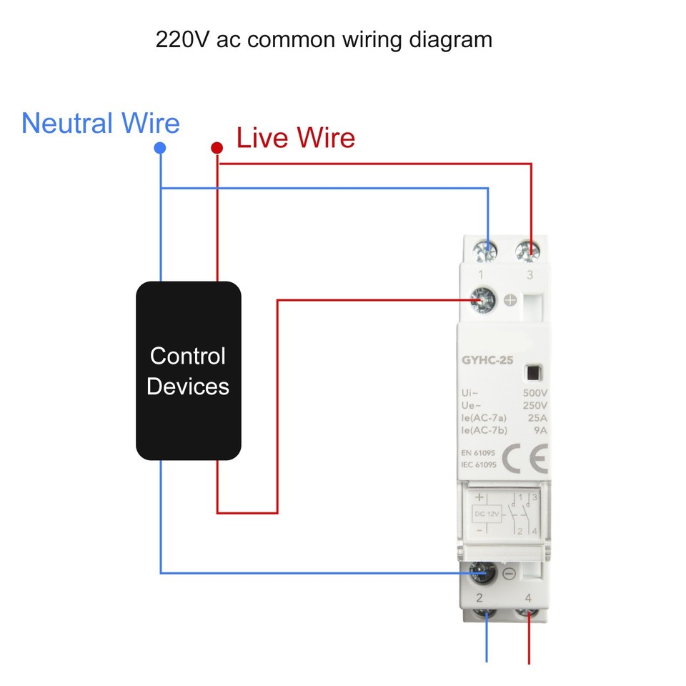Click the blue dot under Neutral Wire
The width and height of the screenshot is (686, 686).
pyautogui.click(x=160, y=148)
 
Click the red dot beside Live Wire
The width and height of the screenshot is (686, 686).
pyautogui.click(x=217, y=148)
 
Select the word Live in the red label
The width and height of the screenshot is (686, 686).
pyautogui.click(x=262, y=137)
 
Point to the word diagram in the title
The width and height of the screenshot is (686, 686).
pyautogui.click(x=450, y=39)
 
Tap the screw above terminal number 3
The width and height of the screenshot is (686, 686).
pyautogui.click(x=530, y=249)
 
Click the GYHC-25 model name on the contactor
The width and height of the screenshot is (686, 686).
pyautogui.click(x=487, y=361)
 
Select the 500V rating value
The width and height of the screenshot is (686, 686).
pyautogui.click(x=535, y=393)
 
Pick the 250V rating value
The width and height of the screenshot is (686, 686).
pyautogui.click(x=535, y=405)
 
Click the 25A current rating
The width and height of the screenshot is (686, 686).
pyautogui.click(x=537, y=417)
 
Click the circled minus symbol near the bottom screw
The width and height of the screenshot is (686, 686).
pyautogui.click(x=509, y=573)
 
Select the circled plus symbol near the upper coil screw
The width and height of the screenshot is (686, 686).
pyautogui.click(x=510, y=301)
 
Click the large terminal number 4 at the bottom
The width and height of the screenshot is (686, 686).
pyautogui.click(x=528, y=598)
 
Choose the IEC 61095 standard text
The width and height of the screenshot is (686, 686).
pyautogui.click(x=479, y=465)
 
